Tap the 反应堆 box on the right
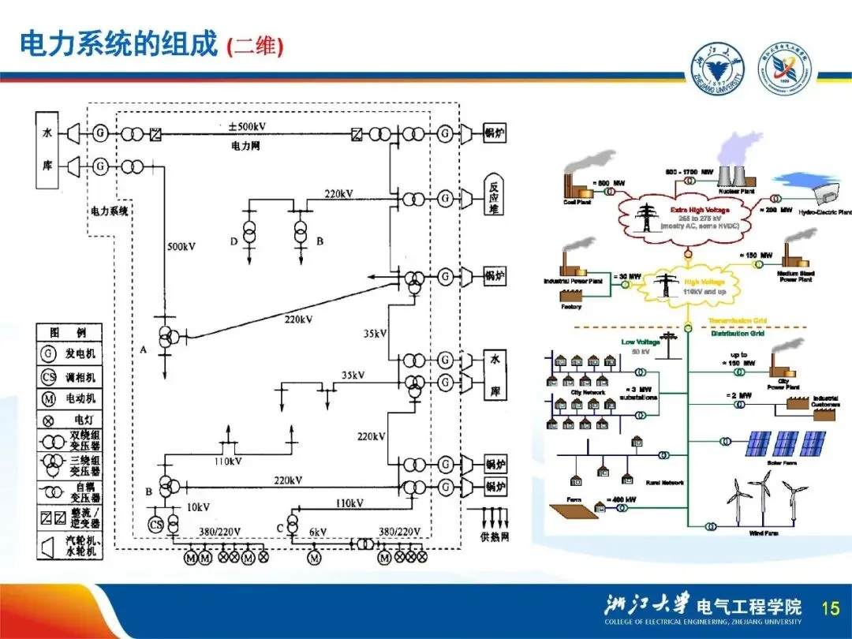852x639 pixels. (x=495, y=198)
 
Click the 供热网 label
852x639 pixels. (x=495, y=537)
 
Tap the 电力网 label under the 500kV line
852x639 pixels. (x=246, y=146)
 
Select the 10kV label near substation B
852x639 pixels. (x=198, y=506)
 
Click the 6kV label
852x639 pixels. (x=318, y=532)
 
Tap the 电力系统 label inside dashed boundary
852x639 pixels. (x=110, y=211)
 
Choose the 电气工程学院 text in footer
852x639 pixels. (x=749, y=607)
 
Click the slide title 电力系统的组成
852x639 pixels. (x=118, y=44)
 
